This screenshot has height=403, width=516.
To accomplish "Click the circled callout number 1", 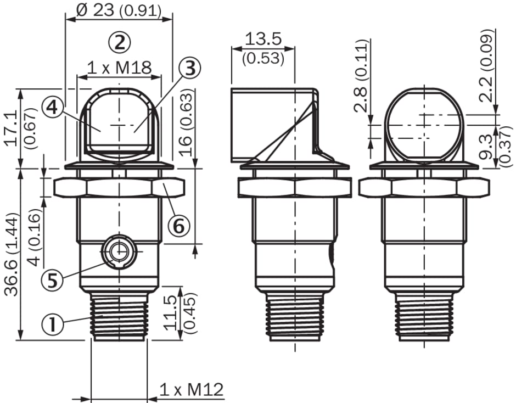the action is point(53,324).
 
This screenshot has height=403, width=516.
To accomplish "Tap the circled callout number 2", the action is point(120,42).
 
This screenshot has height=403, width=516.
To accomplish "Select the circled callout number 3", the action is point(189,68).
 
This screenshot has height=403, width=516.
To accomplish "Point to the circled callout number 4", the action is point(53,107).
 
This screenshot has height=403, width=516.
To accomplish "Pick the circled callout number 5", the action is point(52,281).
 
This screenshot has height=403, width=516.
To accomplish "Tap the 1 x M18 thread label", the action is point(119,68).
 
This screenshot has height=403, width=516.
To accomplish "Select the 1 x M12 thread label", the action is point(192,390).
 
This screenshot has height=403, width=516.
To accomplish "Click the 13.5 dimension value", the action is point(263,39).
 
